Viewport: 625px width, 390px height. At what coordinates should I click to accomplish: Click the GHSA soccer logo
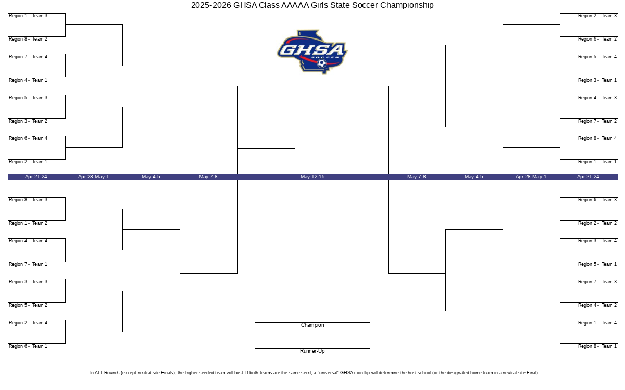pos(312,52)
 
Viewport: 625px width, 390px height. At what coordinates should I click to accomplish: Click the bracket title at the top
pos(312,5)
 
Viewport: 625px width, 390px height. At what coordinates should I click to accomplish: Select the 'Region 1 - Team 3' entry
pos(28,16)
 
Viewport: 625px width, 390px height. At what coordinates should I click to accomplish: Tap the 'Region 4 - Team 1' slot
pos(28,80)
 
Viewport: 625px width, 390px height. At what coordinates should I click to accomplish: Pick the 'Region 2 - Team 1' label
pos(28,162)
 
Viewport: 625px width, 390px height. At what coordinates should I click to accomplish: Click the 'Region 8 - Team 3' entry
pos(28,200)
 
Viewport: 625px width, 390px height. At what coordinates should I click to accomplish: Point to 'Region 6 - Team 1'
pos(28,346)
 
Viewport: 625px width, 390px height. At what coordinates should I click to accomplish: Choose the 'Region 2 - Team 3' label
pos(597,16)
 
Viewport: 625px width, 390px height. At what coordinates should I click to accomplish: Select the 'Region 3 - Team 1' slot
pos(597,80)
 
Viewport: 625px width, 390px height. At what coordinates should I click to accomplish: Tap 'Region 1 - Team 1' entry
pos(597,162)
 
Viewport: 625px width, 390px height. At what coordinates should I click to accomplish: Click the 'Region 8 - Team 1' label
pos(597,346)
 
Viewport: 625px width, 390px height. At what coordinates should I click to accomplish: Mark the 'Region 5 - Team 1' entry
pos(597,264)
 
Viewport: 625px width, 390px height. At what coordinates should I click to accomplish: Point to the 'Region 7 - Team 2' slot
pos(597,121)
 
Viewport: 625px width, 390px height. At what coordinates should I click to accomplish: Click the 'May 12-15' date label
pos(312,177)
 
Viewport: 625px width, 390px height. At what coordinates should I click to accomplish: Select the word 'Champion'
pos(312,325)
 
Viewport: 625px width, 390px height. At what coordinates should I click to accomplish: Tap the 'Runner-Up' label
pos(312,351)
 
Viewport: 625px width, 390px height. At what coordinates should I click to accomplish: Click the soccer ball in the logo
pos(322,63)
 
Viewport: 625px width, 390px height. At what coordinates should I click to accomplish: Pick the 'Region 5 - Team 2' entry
pos(28,305)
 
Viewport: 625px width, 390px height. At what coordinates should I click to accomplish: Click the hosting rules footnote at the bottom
pos(315,373)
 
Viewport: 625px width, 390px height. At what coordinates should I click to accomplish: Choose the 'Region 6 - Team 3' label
pos(597,200)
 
